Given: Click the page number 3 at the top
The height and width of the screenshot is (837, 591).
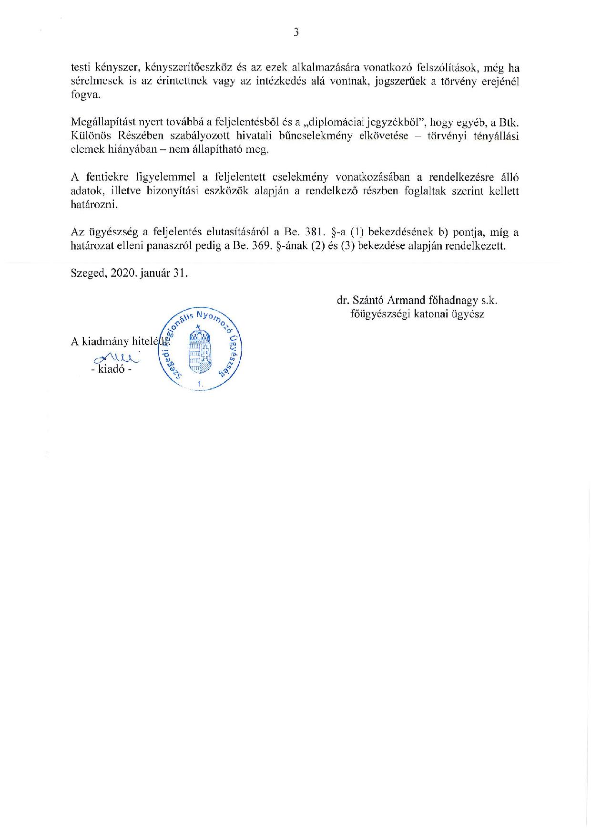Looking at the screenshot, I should [296, 32].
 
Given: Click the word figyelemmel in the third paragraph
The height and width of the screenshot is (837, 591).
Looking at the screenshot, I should [163, 177].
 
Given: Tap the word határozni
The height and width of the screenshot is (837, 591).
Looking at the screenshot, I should [94, 205].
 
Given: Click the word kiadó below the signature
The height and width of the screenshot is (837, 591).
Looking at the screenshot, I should [112, 369].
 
